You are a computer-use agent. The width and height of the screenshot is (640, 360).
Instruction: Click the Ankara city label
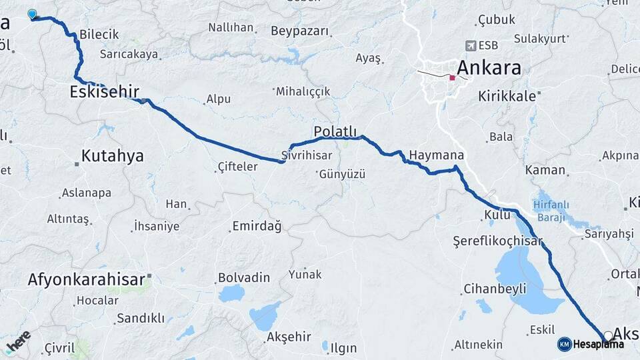[x=488, y=68]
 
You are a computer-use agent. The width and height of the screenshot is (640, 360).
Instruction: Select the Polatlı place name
[x=337, y=130]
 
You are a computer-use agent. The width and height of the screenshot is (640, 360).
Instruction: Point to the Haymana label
[x=436, y=155]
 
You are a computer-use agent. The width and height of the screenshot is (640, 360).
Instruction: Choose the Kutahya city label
[x=112, y=156]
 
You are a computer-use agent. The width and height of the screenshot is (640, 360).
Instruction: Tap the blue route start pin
[x=32, y=14]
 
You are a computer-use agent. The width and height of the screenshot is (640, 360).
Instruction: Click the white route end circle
[x=608, y=336]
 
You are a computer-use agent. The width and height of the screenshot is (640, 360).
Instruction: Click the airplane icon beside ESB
[x=471, y=46]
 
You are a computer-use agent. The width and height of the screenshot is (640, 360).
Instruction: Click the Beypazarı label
[x=300, y=31]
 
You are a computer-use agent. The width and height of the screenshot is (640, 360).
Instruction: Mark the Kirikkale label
[x=507, y=96]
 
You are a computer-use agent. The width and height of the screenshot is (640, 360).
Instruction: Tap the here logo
[x=19, y=341]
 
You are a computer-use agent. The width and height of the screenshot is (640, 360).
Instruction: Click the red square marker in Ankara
[x=453, y=78]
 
